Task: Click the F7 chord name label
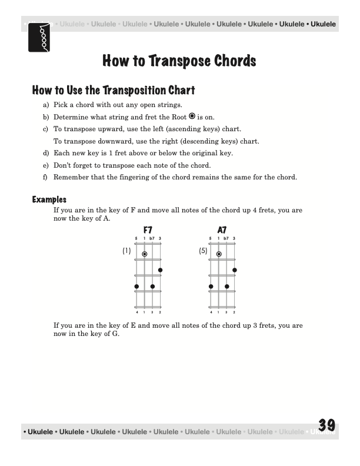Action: (148, 230)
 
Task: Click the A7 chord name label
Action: (222, 230)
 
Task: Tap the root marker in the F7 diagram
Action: (144, 254)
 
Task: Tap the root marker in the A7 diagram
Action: (219, 254)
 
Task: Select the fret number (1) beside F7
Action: (126, 251)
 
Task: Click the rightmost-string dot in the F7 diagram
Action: (160, 270)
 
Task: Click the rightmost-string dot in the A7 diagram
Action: (235, 270)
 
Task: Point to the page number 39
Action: (326, 425)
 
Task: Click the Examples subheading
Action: (49, 200)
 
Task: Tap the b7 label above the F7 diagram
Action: (152, 239)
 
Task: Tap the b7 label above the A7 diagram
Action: (226, 239)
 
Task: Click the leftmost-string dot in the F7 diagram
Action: (136, 287)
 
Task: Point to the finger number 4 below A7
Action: (211, 312)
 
